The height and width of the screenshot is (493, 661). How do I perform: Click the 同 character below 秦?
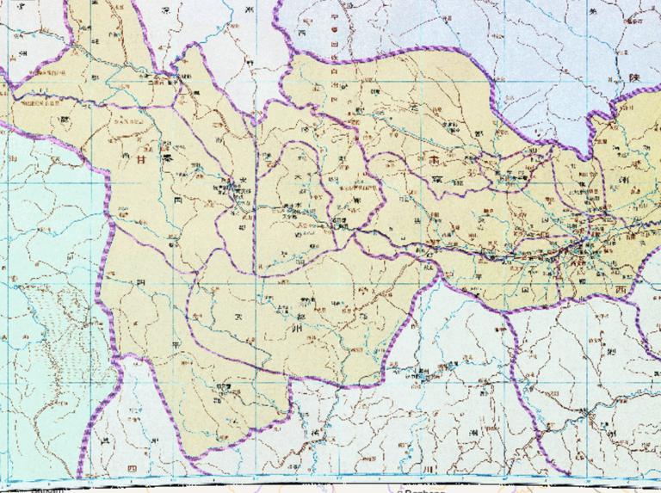coord(178,199)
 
